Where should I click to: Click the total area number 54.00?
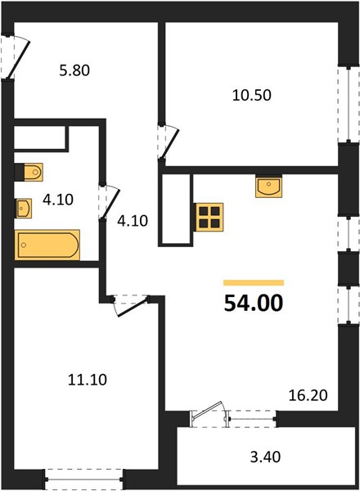click(254, 304)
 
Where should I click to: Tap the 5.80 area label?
click(74, 70)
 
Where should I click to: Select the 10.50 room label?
click(252, 95)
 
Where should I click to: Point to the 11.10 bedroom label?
click(88, 380)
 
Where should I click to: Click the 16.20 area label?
click(308, 395)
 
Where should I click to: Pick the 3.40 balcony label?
click(265, 457)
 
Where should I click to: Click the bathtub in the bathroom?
click(47, 245)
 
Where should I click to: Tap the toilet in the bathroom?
click(29, 172)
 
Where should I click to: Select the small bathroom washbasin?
click(24, 208)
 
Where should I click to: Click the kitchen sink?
click(268, 187)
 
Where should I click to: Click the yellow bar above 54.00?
click(254, 283)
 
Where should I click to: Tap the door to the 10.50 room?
click(168, 142)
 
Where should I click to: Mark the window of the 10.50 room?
click(349, 104)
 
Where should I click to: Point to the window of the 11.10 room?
click(84, 479)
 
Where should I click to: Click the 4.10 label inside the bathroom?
click(58, 200)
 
